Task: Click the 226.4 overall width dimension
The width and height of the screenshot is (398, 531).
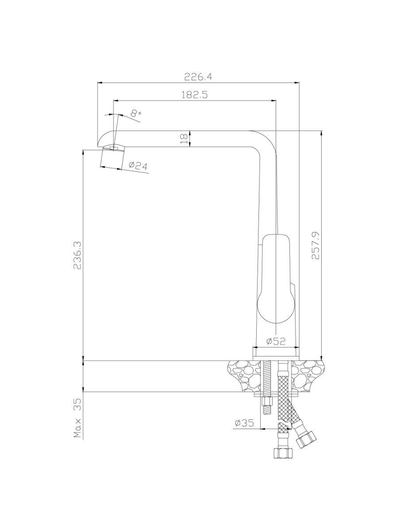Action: pyautogui.click(x=198, y=77)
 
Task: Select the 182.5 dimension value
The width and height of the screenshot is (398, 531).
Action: pyautogui.click(x=194, y=94)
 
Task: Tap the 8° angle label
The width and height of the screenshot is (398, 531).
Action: pyautogui.click(x=136, y=113)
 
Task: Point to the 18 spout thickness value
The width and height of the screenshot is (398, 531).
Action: pyautogui.click(x=184, y=139)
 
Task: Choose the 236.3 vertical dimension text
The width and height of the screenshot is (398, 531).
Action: pyautogui.click(x=78, y=255)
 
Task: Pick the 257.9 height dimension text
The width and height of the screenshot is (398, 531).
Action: pyautogui.click(x=315, y=245)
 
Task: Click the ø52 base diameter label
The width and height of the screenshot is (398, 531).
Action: pyautogui.click(x=276, y=341)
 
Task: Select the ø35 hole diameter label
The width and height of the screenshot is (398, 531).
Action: pyautogui.click(x=244, y=423)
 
